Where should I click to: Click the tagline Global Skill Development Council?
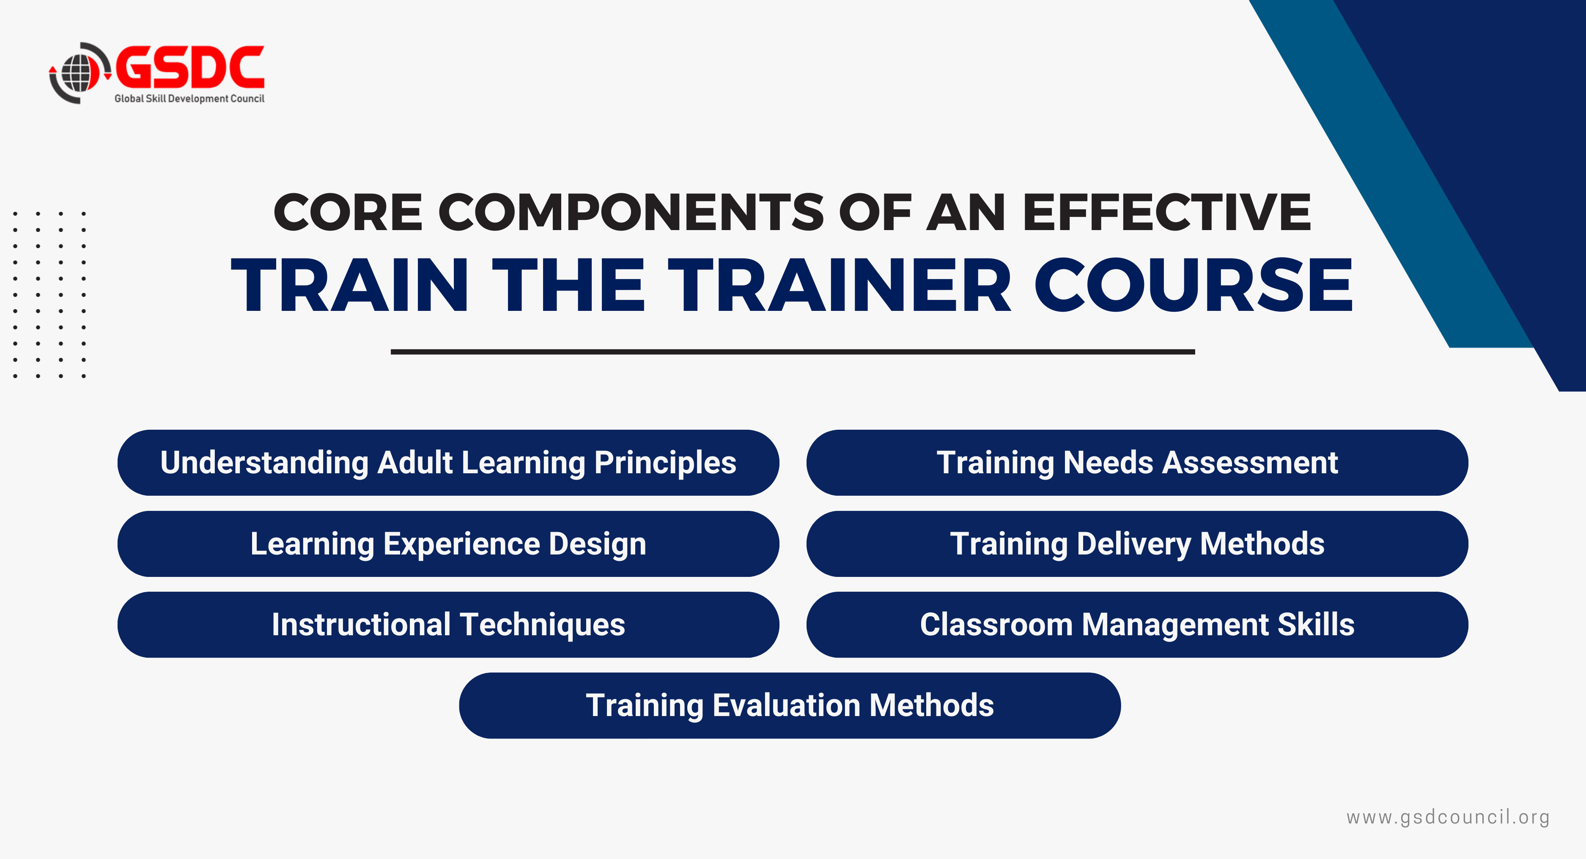189,99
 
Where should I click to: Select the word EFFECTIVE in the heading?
1167,212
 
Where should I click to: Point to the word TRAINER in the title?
840,285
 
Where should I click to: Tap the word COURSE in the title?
1193,285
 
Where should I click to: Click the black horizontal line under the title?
793,351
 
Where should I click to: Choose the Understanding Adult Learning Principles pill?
448,462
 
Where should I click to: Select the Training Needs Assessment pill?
1137,462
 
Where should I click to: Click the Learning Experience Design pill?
448,544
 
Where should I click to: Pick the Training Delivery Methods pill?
1137,544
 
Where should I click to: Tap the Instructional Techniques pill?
448,624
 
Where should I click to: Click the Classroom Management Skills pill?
1137,624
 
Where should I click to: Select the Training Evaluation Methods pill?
790,705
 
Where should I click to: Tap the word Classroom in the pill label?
996,624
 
